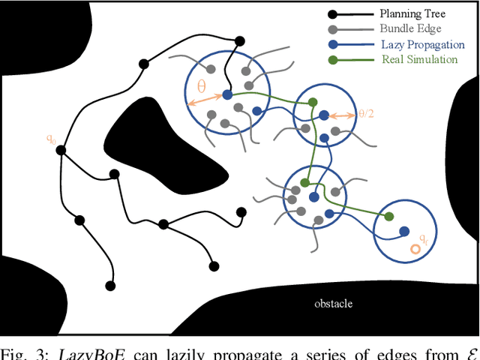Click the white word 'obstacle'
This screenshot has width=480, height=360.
pos(333,304)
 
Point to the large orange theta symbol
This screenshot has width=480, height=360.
pos(201,86)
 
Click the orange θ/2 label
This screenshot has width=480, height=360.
pos(366,114)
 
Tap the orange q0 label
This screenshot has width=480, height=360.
pos(51,138)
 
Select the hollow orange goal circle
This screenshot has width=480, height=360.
pos(413,249)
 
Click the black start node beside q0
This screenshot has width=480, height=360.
pos(62,150)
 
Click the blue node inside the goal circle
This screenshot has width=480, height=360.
pos(404,232)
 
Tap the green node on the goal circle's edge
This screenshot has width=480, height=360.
pos(388,217)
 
